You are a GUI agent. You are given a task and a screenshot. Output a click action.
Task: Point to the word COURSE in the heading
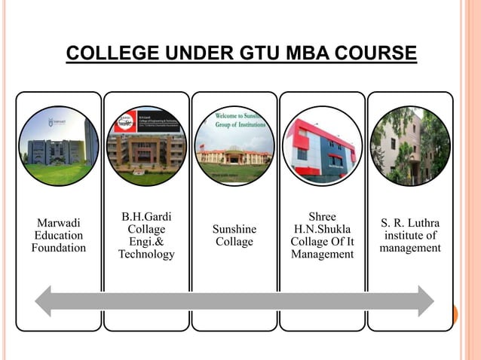374,54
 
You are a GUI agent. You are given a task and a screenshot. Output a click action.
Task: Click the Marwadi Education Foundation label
59,236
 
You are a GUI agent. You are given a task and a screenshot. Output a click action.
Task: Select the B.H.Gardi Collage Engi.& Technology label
146,236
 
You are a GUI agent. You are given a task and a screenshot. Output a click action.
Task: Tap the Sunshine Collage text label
234,236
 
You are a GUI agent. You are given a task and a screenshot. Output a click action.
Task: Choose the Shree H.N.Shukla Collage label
322,236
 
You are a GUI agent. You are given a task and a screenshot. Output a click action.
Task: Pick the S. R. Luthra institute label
410,236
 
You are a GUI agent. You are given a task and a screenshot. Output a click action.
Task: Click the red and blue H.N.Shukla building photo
322,145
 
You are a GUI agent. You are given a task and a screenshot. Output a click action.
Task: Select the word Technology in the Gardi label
146,255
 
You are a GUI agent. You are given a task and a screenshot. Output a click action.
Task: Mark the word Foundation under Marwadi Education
59,249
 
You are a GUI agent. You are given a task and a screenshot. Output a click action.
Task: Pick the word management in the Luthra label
410,248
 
